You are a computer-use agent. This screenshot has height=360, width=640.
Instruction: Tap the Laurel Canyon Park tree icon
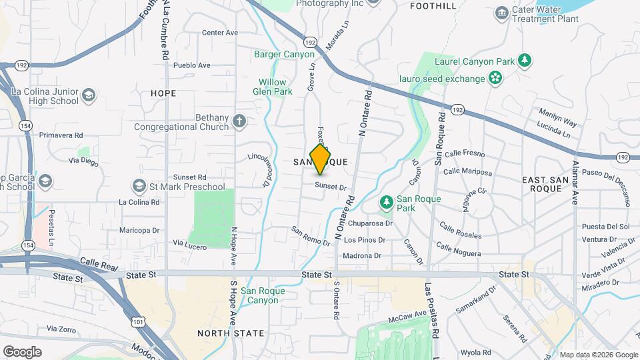point(525,61)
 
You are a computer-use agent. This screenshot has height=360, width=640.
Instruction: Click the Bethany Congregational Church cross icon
point(239,121)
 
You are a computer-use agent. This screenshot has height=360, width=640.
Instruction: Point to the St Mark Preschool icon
point(139,187)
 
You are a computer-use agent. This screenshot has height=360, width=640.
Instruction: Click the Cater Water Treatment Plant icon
point(501,13)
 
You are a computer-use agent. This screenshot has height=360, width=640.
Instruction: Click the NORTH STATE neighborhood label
point(231,333)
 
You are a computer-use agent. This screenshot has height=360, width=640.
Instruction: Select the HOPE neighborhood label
point(163,93)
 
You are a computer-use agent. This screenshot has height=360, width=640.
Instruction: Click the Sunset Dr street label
point(331,187)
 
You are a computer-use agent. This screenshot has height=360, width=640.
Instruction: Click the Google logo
point(22,351)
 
